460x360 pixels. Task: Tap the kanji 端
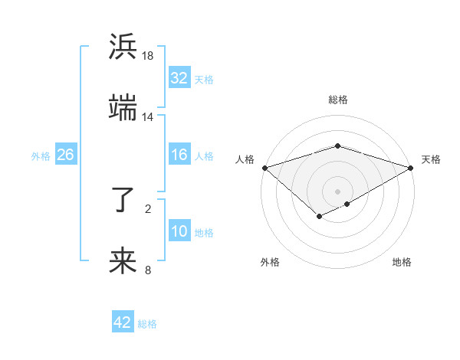click(123, 107)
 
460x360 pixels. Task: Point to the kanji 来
click(123, 260)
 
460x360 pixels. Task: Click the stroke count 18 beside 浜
click(148, 56)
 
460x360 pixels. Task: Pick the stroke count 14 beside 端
click(148, 116)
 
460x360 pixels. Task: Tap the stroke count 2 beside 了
click(148, 208)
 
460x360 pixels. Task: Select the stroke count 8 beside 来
click(148, 270)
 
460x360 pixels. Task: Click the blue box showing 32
click(179, 78)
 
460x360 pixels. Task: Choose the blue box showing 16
click(179, 155)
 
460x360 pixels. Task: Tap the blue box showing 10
click(179, 231)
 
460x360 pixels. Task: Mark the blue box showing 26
click(65, 155)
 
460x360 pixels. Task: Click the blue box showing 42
click(123, 322)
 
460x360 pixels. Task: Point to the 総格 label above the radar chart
click(337, 100)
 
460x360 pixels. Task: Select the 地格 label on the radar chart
click(402, 263)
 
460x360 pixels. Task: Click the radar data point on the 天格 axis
click(411, 168)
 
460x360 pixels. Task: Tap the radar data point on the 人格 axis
click(264, 168)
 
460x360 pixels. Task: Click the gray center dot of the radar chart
click(337, 191)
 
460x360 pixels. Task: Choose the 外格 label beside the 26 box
click(41, 155)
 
